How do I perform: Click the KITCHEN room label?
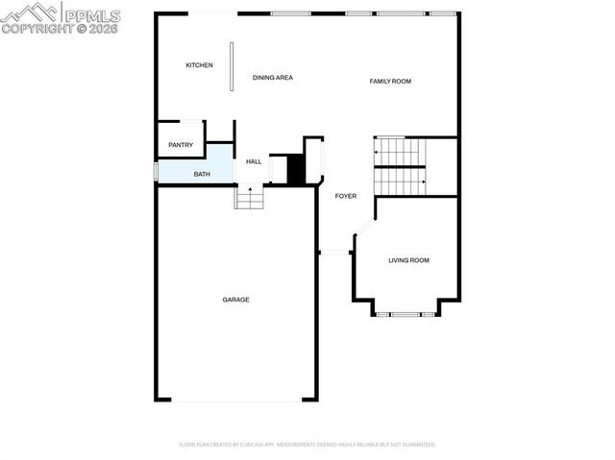[x=199, y=65]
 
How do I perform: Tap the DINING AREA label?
[x=272, y=77]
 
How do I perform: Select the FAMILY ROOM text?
[x=390, y=82]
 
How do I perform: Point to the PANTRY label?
[x=181, y=145]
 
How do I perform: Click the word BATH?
[x=202, y=174]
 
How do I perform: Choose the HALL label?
[x=254, y=161]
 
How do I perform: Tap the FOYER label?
[x=345, y=196]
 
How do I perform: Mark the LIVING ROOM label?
[x=408, y=260]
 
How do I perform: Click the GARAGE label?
[x=236, y=300]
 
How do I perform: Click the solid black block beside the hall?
[x=296, y=170]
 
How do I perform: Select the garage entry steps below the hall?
[x=250, y=197]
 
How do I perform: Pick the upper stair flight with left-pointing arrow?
[x=399, y=152]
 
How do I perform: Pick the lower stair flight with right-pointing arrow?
[x=399, y=181]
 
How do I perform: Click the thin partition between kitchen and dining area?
[x=231, y=66]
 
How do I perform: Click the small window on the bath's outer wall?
[x=156, y=172]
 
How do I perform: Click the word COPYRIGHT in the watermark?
[x=34, y=29]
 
